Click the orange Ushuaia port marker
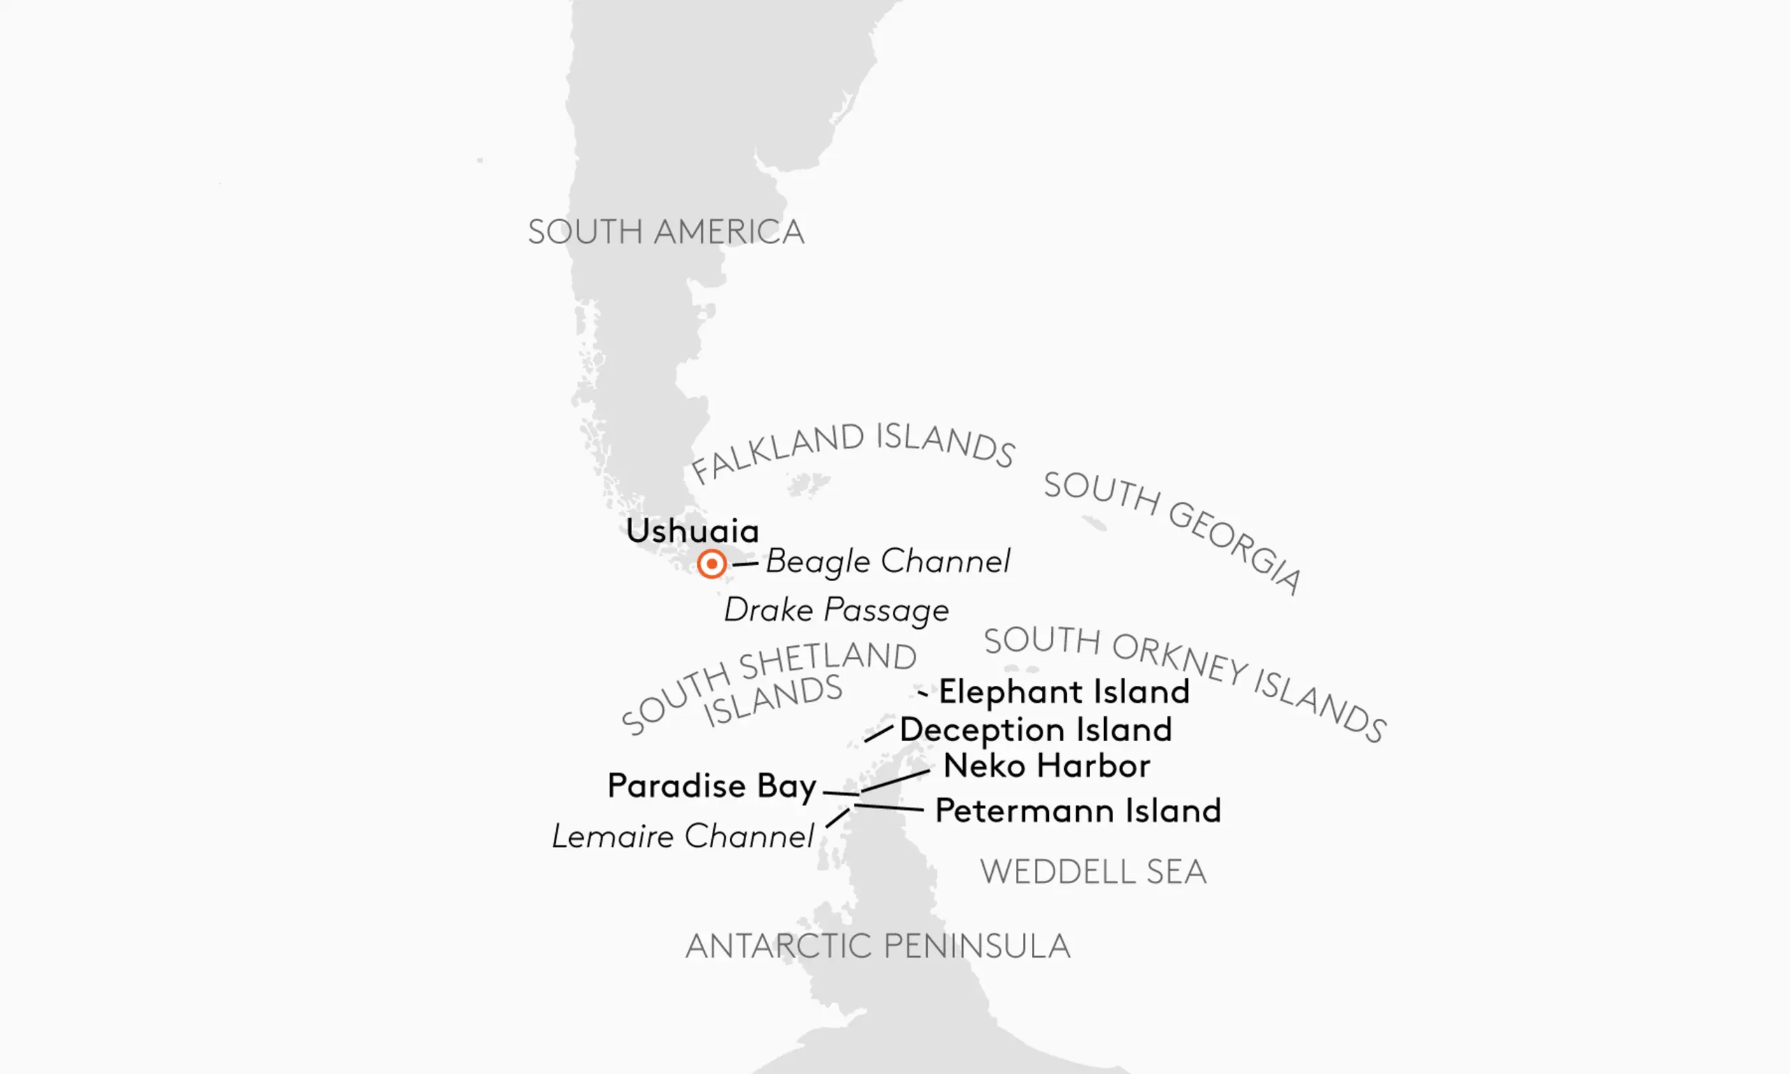tap(711, 563)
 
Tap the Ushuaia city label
tap(692, 531)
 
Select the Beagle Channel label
tap(887, 561)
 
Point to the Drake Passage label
tap(836, 610)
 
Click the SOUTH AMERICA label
tap(666, 231)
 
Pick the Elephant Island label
tap(1064, 692)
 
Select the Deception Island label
tap(1036, 729)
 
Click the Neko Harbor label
tap(1046, 766)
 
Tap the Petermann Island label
tap(1077, 810)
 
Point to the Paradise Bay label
tap(712, 785)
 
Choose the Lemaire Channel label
tap(683, 837)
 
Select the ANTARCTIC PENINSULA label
tap(877, 946)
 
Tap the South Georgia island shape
tap(1094, 522)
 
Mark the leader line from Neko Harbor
tap(896, 780)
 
